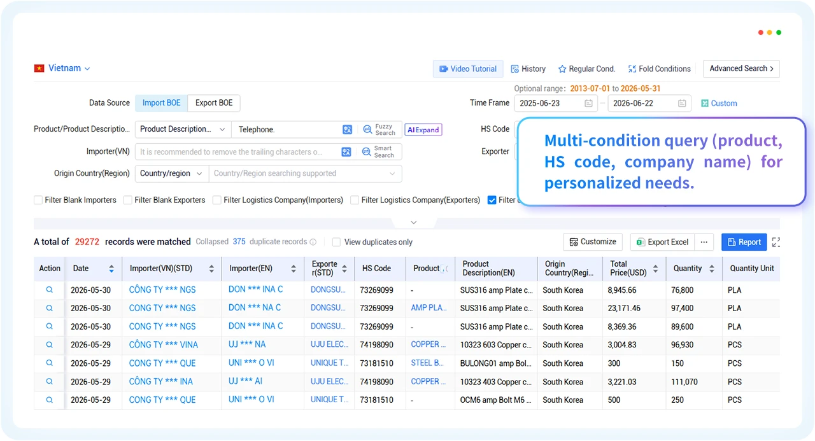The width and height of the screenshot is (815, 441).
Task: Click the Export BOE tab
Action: click(213, 103)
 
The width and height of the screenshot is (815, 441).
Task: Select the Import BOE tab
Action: click(161, 103)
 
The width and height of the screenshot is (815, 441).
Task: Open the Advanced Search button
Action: click(741, 68)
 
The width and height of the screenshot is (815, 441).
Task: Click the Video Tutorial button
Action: click(468, 69)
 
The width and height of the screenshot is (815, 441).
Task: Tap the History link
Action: click(528, 69)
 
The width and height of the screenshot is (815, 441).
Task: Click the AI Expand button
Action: click(423, 129)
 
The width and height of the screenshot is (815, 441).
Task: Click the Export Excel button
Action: click(662, 242)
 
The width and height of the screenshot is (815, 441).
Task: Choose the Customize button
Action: click(593, 242)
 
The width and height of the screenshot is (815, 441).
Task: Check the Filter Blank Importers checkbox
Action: click(38, 200)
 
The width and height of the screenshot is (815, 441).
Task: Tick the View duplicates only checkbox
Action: click(337, 242)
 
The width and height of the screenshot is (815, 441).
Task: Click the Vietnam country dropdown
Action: click(62, 68)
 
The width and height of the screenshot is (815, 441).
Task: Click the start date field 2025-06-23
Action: click(556, 103)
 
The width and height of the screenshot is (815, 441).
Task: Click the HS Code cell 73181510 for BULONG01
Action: click(376, 363)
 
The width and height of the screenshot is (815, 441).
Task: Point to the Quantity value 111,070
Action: click(684, 382)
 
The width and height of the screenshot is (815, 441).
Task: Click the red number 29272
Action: click(87, 242)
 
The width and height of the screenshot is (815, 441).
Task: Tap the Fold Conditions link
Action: click(659, 69)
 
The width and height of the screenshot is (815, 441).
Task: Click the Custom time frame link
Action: click(719, 103)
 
